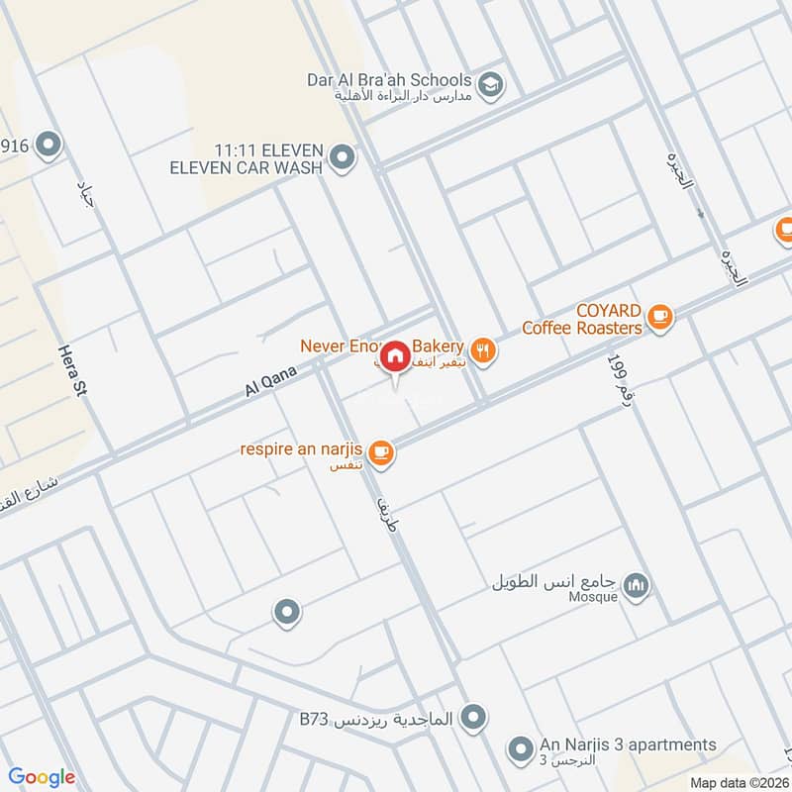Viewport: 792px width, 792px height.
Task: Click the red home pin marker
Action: (x=395, y=355)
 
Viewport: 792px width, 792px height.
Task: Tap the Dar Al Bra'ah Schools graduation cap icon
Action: (x=489, y=85)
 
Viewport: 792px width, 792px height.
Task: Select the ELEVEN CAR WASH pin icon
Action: (x=343, y=157)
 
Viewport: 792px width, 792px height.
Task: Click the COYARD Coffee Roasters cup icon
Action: (x=659, y=317)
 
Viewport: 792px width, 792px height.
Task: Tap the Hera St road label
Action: (x=68, y=372)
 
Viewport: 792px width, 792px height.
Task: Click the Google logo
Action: (x=42, y=777)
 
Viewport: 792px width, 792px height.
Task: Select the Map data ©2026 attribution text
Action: (x=739, y=782)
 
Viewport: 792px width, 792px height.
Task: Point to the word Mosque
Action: (x=594, y=597)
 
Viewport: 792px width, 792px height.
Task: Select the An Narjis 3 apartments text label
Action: (x=628, y=744)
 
